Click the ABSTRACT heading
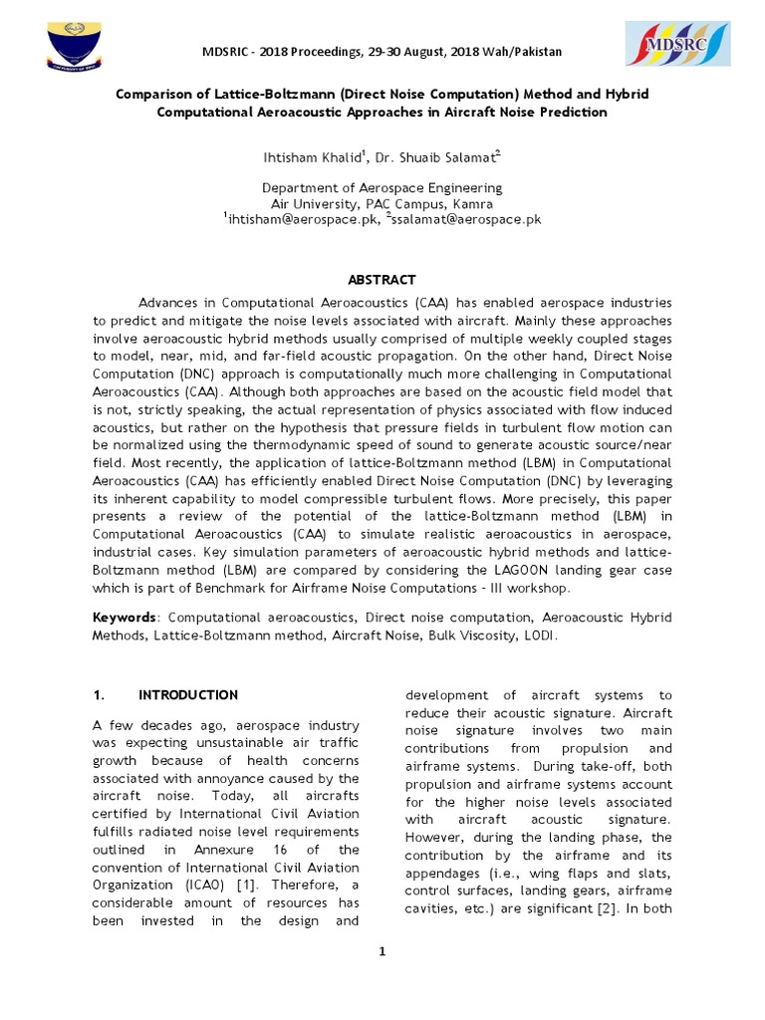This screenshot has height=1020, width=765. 382,280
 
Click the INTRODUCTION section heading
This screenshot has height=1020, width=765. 187,694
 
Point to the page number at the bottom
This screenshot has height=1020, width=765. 382,951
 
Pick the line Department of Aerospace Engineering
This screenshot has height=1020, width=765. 382,187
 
